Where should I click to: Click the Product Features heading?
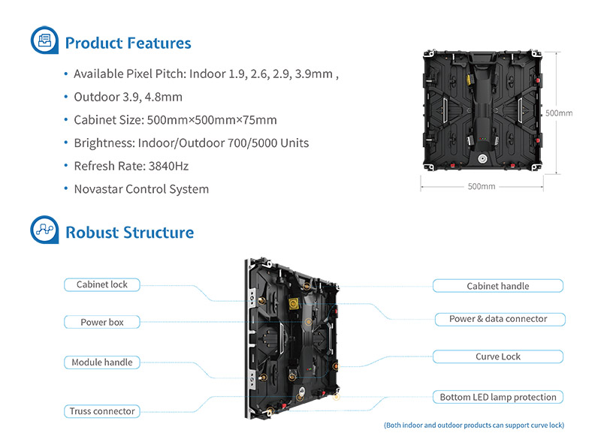tap(128, 43)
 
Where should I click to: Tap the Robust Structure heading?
tap(129, 233)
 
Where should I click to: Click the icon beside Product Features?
tap(44, 41)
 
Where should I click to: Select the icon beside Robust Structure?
tap(44, 230)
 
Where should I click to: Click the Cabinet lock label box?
tap(102, 284)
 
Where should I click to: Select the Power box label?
tap(102, 322)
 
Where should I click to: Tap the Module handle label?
tap(102, 362)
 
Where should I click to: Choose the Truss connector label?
tap(102, 411)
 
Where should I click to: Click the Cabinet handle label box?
tap(497, 286)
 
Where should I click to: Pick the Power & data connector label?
tap(498, 319)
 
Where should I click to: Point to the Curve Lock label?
tap(497, 356)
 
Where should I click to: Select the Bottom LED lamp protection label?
tap(497, 397)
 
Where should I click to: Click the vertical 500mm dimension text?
tap(558, 113)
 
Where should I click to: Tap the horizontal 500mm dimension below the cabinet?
tap(481, 186)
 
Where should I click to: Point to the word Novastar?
tap(98, 189)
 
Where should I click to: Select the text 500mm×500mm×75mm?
tap(213, 120)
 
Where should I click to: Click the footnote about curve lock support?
tap(474, 425)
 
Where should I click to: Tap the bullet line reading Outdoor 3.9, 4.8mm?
tap(128, 97)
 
